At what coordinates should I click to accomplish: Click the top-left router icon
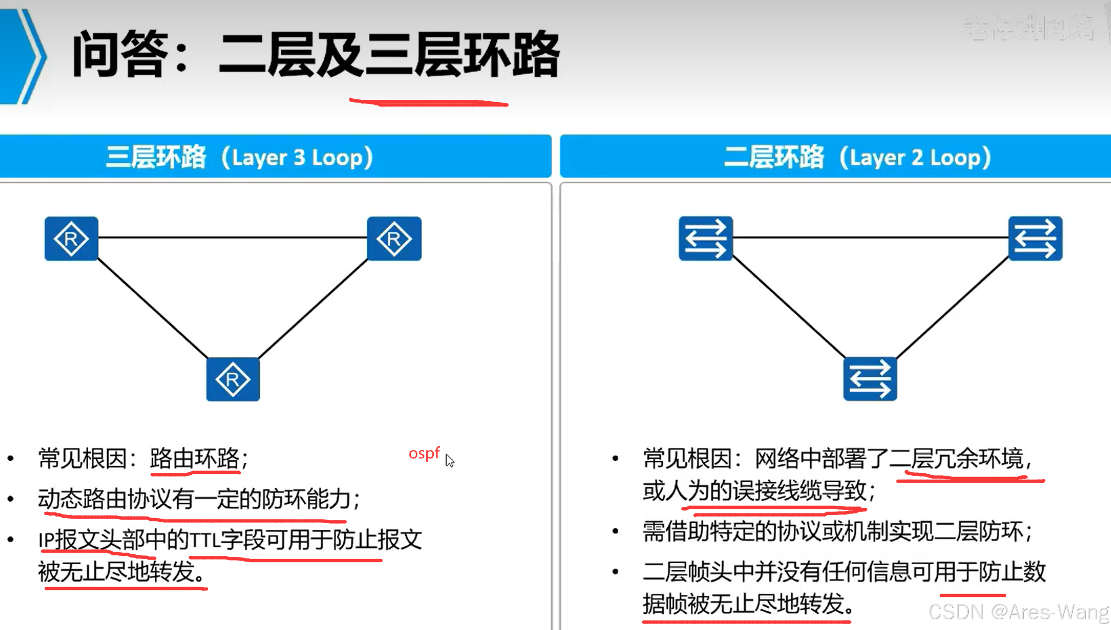71,239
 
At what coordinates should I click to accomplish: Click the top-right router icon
394,239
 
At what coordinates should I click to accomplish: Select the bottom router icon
233,379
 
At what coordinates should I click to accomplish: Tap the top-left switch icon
706,238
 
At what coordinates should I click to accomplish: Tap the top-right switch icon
1035,238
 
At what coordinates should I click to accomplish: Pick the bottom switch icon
870,379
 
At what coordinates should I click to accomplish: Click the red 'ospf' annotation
424,453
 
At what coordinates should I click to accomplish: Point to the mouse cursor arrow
449,460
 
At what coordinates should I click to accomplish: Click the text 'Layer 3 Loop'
297,158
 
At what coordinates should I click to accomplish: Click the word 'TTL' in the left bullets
204,540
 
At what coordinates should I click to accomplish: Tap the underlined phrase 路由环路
194,458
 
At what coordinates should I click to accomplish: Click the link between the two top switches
870,237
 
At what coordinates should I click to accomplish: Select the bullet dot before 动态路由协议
11,499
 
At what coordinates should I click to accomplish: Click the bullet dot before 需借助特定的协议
615,531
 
